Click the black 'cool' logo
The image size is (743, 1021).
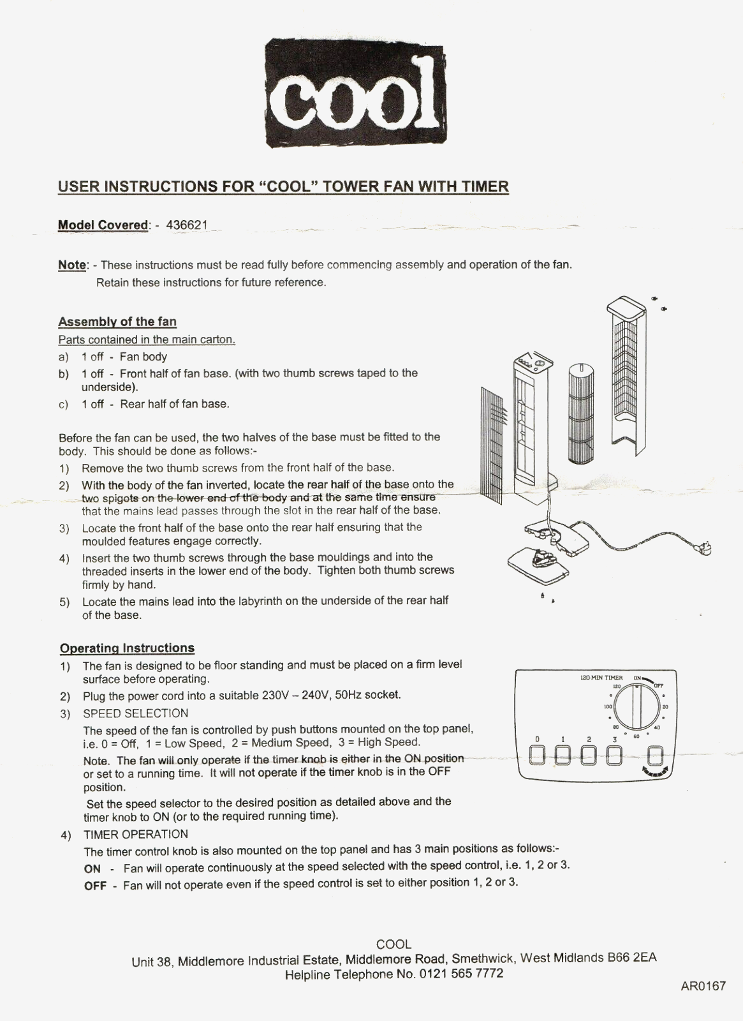coord(355,94)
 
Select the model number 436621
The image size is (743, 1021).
coord(186,225)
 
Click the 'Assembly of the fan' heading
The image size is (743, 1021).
coord(117,322)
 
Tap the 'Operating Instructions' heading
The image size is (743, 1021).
coord(127,648)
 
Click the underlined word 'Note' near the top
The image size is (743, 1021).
coord(71,265)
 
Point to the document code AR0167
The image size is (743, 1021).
coord(703,986)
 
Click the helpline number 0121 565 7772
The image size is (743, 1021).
coord(461,974)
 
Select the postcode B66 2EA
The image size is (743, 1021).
coord(632,957)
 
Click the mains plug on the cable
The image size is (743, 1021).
coord(705,548)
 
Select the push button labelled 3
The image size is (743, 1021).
coord(614,755)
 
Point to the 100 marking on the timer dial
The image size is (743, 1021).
coord(608,707)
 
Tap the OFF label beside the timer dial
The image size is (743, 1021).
coord(659,686)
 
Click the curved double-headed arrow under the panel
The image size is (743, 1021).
coord(656,771)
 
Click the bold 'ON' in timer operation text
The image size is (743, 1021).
coord(92,868)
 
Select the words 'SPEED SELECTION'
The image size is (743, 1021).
coord(135,713)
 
